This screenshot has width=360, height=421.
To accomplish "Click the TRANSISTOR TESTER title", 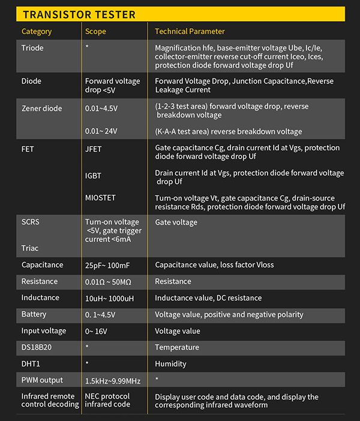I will tap(79, 14).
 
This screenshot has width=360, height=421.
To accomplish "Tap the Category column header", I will tap(37, 31).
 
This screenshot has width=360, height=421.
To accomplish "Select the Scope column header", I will tap(95, 31).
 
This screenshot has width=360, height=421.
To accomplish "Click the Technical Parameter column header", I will tap(190, 31).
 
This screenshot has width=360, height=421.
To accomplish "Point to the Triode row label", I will tap(32, 47).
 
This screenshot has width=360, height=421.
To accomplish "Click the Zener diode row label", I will tap(42, 108).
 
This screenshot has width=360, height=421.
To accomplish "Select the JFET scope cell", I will tap(94, 148).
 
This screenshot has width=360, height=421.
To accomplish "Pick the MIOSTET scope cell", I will tap(100, 198).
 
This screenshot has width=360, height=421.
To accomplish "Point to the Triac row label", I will tap(30, 248).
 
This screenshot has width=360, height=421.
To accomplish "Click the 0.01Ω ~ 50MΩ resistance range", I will tap(113, 282).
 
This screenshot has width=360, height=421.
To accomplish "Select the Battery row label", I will tap(34, 315).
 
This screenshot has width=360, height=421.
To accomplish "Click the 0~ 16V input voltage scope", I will tap(97, 331).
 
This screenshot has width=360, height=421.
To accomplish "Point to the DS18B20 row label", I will tap(37, 347).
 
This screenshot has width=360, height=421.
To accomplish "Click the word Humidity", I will tap(170, 364).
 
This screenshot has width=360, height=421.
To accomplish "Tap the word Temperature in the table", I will tap(176, 347).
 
